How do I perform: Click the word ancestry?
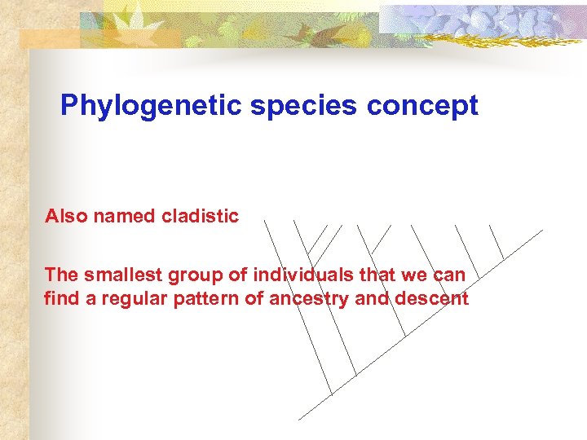point(310,299)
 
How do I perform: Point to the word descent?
point(431,299)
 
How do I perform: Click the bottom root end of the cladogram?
point(299,419)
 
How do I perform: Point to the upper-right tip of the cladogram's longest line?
point(541,231)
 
